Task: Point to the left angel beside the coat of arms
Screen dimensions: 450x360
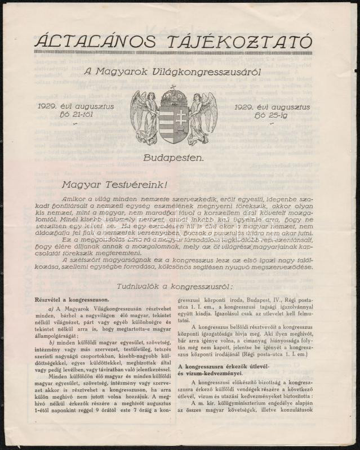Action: (x=145, y=117)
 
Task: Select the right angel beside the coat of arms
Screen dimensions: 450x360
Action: (x=202, y=117)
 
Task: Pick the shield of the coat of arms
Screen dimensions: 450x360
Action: (x=173, y=121)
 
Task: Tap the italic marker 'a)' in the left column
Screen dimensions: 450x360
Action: (x=51, y=310)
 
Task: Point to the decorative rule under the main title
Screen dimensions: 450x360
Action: (x=173, y=52)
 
